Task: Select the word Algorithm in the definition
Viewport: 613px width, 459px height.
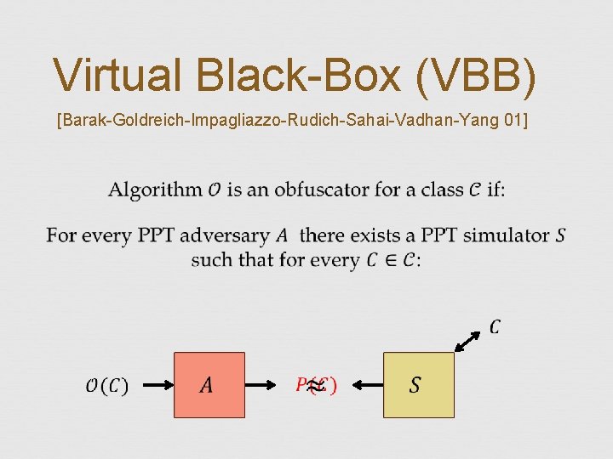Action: [155, 190]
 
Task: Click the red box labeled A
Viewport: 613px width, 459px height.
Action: [209, 385]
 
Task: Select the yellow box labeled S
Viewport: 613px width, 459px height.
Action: [418, 385]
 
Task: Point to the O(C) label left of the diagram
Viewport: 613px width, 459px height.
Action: [106, 386]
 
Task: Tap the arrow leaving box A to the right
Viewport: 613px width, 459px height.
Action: [268, 385]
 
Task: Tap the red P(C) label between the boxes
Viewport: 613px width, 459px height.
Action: [316, 385]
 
